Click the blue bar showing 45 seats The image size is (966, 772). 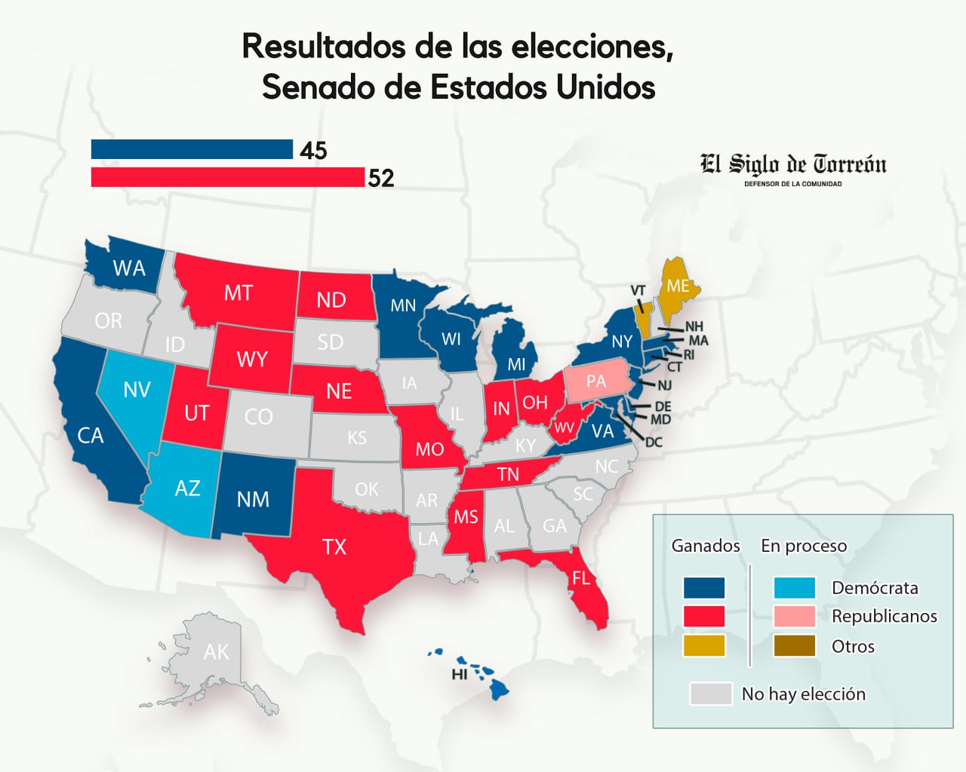tap(192, 149)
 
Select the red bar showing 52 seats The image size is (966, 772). tap(227, 177)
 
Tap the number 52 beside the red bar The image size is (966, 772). tap(381, 178)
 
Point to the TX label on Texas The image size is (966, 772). tap(334, 547)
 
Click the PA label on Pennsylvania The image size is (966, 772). tap(596, 381)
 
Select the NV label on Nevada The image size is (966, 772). tap(137, 390)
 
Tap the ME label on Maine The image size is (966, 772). tap(678, 286)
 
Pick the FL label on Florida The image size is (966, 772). tap(581, 578)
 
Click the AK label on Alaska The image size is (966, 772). tap(216, 652)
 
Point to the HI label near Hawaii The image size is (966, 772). tap(460, 675)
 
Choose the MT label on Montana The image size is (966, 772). tap(238, 293)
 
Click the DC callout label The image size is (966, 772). tap(654, 442)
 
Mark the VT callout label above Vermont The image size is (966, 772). tap(638, 290)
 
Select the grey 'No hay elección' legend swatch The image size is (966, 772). tap(711, 694)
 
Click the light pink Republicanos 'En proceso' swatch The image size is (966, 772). tap(795, 616)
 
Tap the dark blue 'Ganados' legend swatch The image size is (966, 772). tap(704, 587)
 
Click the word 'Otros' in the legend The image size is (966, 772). tap(853, 647)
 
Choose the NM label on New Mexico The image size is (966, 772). tap(253, 499)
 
